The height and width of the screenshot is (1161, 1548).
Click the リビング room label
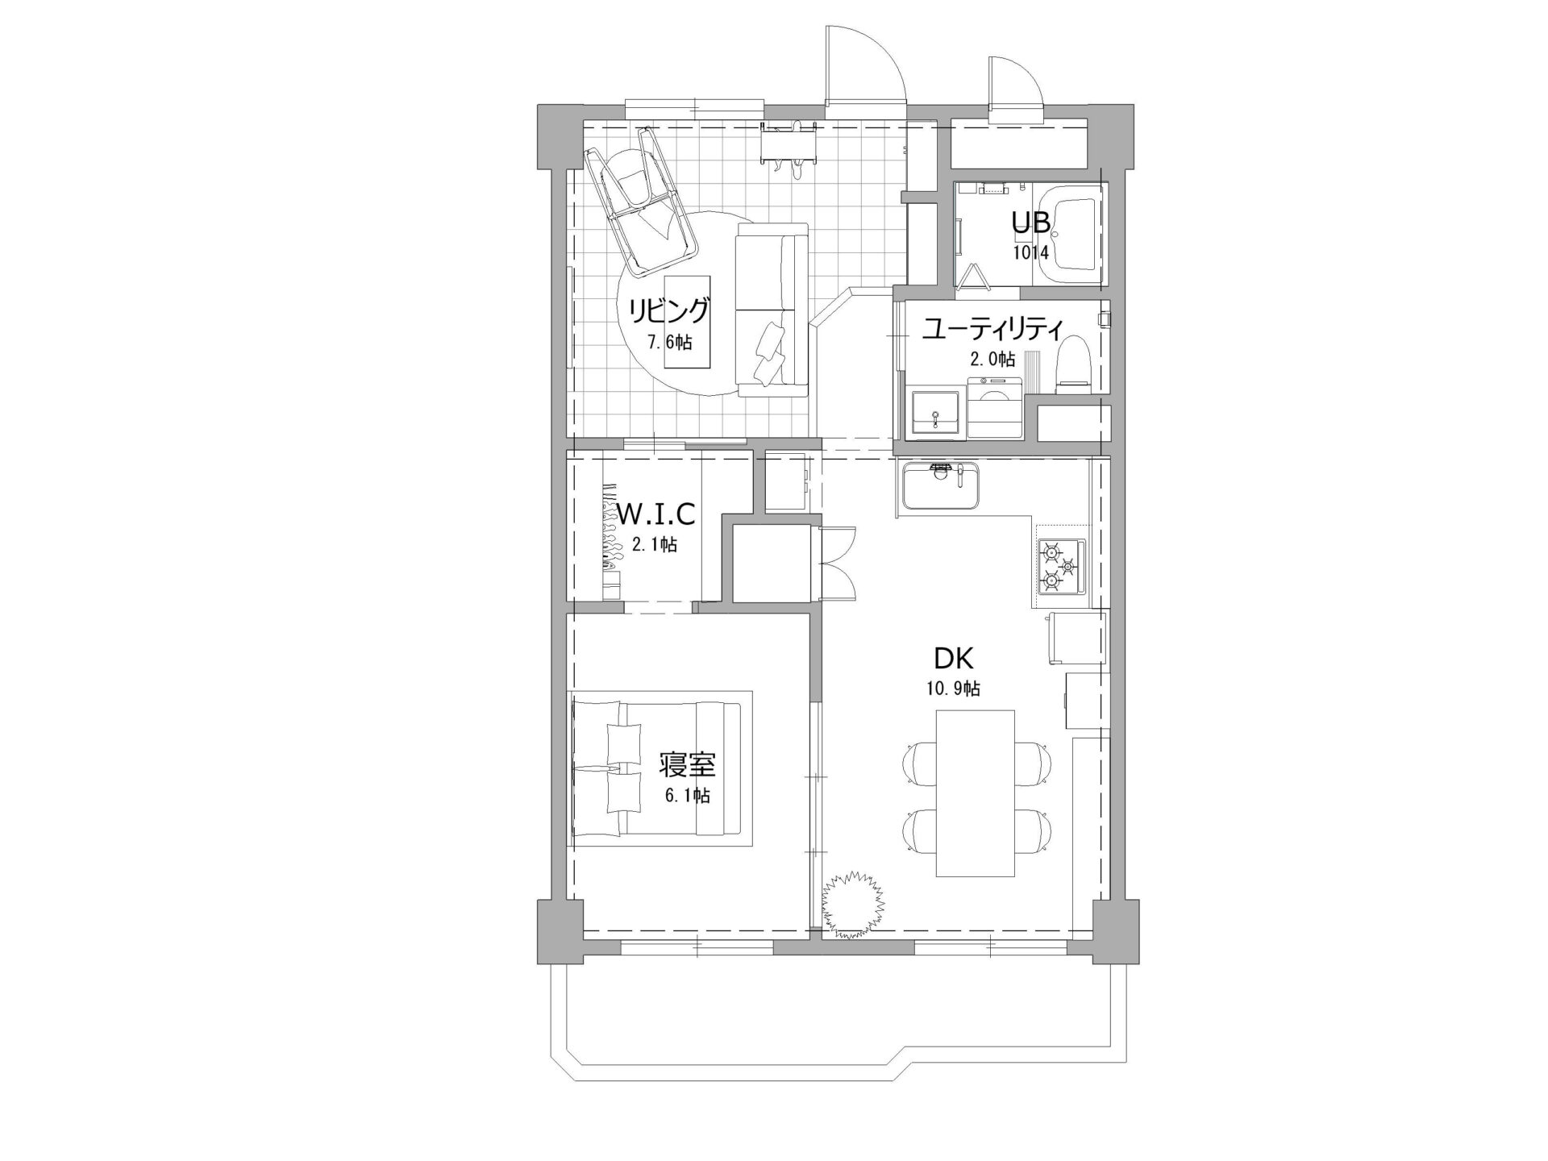669,310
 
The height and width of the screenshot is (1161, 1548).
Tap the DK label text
954,659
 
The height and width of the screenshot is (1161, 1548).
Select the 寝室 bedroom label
687,764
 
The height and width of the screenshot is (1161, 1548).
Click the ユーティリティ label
992,329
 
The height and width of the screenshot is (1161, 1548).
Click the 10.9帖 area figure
953,689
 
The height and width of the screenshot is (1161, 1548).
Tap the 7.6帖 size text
669,342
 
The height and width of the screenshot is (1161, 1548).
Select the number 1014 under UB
1031,252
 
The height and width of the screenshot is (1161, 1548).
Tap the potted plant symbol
852,905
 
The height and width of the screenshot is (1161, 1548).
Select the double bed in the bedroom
656,768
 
